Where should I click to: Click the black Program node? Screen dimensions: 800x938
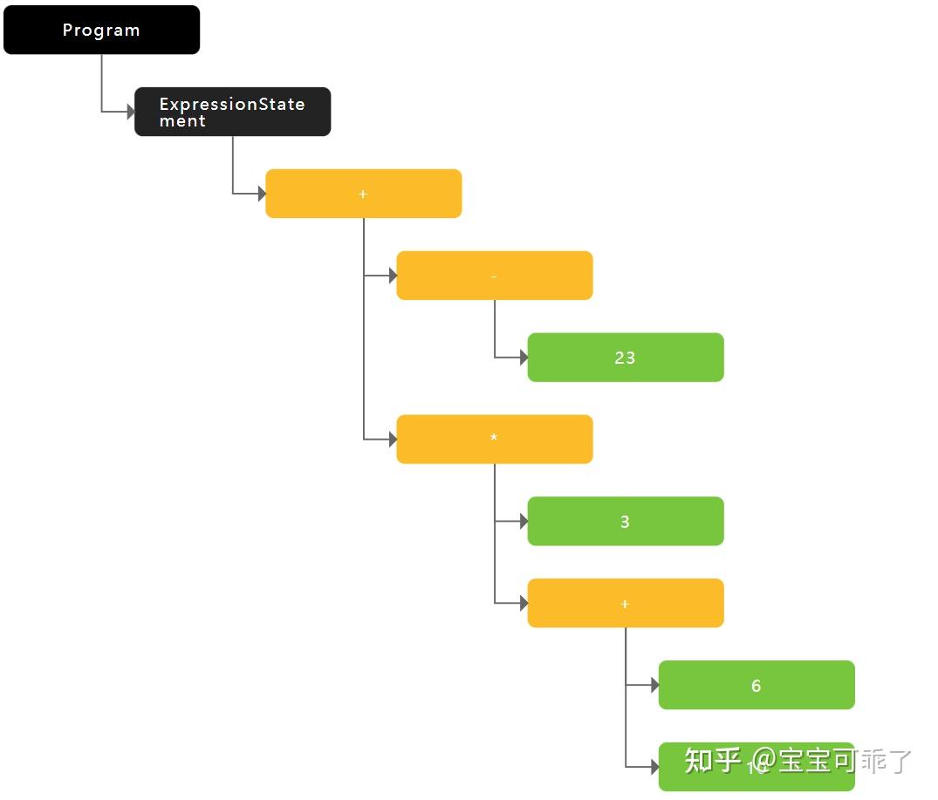click(x=101, y=30)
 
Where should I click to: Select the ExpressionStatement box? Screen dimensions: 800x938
click(x=232, y=112)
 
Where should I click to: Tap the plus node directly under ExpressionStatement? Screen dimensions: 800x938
click(x=363, y=194)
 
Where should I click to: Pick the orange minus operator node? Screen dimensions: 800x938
click(x=494, y=276)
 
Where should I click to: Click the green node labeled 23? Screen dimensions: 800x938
click(x=625, y=358)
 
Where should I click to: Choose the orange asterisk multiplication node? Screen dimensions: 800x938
click(x=494, y=439)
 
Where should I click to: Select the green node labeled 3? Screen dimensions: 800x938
click(x=625, y=521)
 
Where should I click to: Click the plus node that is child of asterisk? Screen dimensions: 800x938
click(x=625, y=603)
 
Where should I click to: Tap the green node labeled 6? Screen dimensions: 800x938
click(x=756, y=685)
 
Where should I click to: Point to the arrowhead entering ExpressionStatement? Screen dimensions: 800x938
click(x=131, y=112)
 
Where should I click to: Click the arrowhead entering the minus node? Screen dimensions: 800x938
click(x=393, y=276)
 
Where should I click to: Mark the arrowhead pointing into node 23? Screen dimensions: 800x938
click(x=524, y=358)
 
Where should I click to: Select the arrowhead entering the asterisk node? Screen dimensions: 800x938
click(x=393, y=439)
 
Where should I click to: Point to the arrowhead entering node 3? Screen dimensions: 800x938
click(x=524, y=521)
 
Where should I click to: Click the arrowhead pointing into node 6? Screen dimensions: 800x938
click(x=654, y=685)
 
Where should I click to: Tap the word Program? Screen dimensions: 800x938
click(x=101, y=30)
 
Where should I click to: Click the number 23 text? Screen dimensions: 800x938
click(x=625, y=358)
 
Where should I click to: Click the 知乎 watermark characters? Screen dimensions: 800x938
click(x=712, y=760)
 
